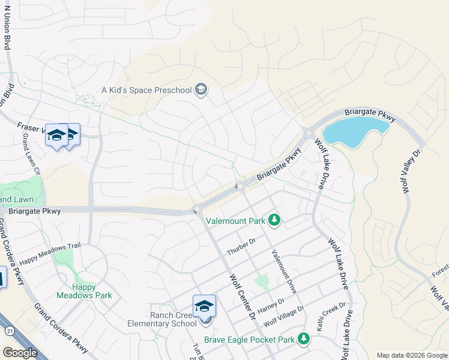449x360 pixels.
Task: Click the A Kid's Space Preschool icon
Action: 201,91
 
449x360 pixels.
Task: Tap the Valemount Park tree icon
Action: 274,220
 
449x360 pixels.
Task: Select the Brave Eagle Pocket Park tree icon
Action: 304,340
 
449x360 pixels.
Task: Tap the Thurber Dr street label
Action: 241,247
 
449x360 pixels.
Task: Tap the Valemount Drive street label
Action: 285,271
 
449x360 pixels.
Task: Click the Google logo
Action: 20,353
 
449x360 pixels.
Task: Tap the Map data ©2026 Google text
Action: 412,355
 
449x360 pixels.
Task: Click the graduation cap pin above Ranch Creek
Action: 204,305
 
